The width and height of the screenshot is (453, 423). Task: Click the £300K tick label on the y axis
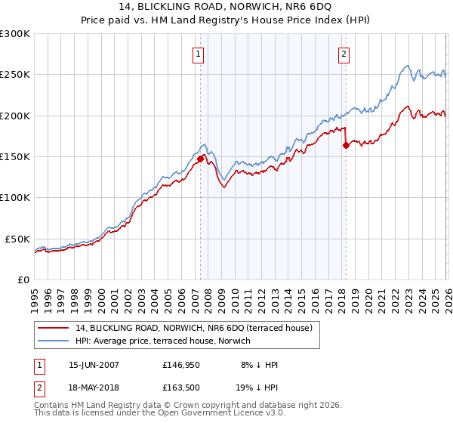(15, 34)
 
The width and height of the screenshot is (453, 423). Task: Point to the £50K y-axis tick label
(17, 239)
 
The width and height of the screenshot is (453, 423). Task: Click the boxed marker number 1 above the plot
(198, 54)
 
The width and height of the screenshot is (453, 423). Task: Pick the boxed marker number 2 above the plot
(344, 54)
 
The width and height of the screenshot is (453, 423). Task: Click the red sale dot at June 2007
(201, 159)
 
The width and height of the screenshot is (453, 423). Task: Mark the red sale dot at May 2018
(346, 145)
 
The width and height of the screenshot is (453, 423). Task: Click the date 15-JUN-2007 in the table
(94, 365)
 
